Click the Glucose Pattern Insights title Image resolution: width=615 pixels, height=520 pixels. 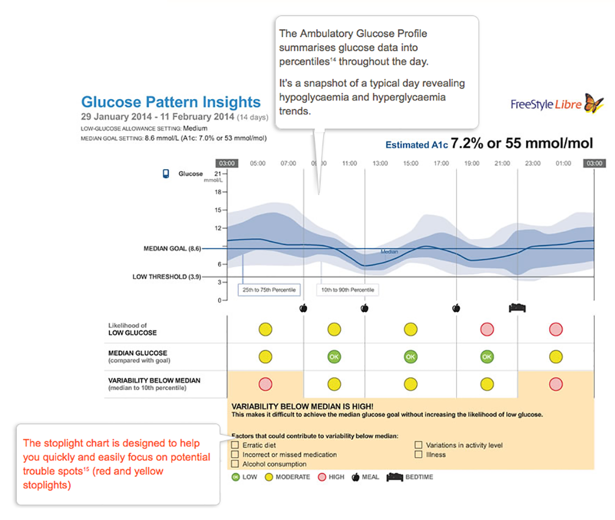170,102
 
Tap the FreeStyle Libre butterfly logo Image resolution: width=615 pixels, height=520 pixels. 593,103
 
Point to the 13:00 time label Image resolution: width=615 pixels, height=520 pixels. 380,163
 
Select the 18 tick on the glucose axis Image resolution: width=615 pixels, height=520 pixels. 218,192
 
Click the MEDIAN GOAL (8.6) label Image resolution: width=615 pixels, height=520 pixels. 172,249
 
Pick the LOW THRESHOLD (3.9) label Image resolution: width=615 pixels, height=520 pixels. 167,277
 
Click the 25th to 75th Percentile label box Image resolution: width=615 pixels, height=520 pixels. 269,290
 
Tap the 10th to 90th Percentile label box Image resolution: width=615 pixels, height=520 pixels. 347,290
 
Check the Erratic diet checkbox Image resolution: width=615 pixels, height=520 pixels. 235,445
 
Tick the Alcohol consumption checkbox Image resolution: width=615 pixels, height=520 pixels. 235,464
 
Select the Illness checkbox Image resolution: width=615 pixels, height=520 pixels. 419,454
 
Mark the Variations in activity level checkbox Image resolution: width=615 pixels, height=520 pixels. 419,445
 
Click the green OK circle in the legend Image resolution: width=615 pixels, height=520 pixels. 235,477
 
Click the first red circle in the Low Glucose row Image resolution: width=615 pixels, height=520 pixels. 487,329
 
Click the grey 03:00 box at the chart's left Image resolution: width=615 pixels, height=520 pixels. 226,163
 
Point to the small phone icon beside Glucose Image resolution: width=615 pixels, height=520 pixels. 166,174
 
